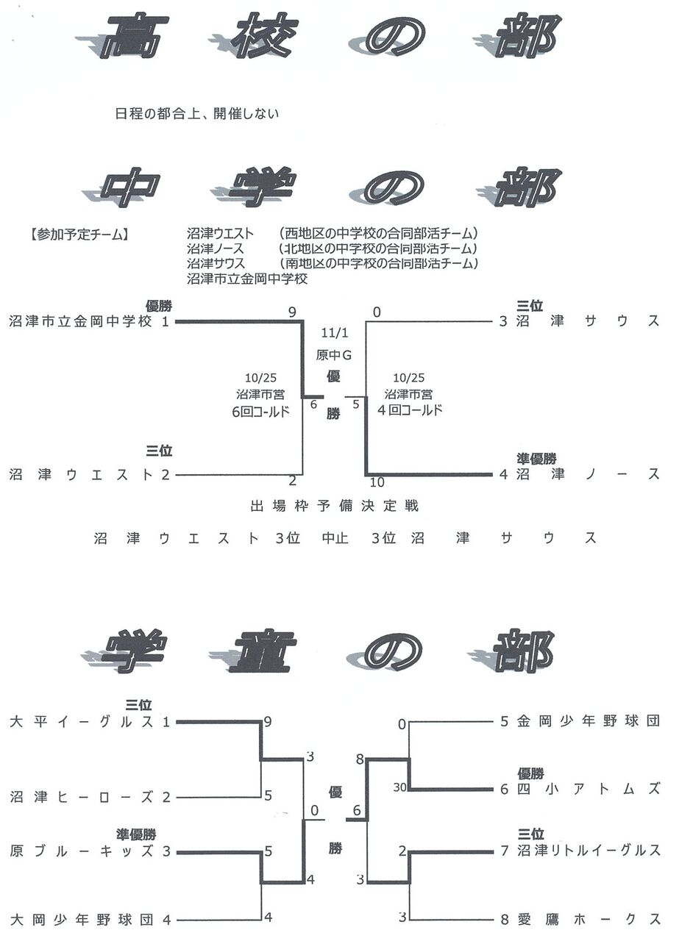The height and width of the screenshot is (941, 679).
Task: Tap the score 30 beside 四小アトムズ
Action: tap(399, 788)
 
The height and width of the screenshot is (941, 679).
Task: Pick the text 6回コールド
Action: tap(260, 411)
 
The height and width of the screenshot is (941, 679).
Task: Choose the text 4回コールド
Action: tap(410, 410)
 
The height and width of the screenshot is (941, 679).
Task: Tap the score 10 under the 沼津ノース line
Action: tap(377, 482)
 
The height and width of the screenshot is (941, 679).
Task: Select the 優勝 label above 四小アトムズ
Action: tap(530, 773)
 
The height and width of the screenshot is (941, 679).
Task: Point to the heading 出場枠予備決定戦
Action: tap(334, 506)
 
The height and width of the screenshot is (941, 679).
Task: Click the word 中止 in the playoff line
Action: tap(335, 538)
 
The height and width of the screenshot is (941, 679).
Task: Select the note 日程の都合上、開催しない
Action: tap(198, 114)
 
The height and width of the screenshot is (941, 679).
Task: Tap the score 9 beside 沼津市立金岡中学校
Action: tap(292, 312)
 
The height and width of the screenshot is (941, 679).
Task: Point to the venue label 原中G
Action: tap(334, 355)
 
